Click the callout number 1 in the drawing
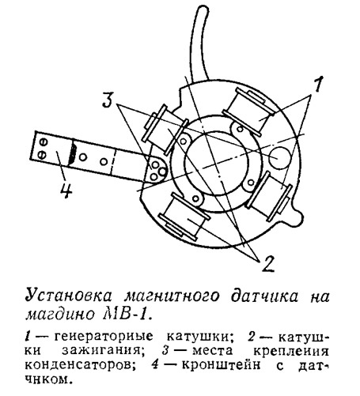point(318,85)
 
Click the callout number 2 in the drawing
point(268,263)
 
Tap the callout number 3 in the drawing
point(108,100)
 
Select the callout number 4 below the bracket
point(66,190)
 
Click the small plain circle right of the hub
point(279,158)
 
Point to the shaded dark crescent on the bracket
point(72,153)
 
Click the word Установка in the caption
point(69,296)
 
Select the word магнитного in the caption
point(172,296)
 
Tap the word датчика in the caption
point(265,296)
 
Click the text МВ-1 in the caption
point(127,315)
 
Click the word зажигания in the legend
point(100,351)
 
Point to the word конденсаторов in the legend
point(78,365)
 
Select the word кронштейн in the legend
point(222,365)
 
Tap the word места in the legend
point(212,351)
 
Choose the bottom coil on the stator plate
point(184,216)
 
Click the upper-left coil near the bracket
point(165,129)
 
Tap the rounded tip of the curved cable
point(203,9)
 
